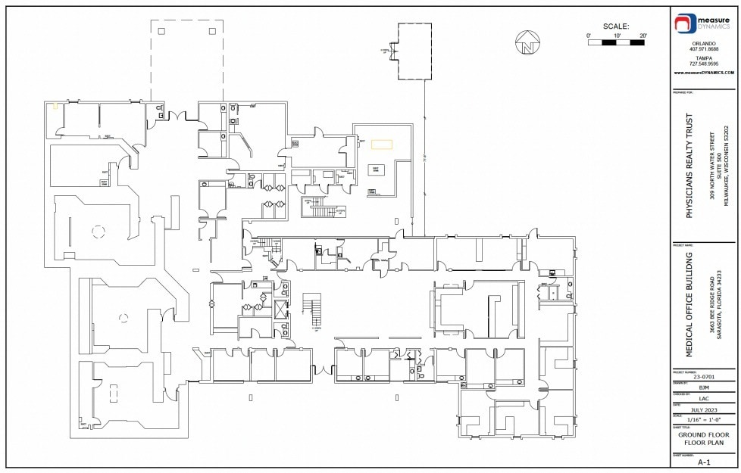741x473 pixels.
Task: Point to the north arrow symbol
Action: click(526, 43)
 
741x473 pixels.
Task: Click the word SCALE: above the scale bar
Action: click(615, 26)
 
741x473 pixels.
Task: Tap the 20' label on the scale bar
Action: click(643, 36)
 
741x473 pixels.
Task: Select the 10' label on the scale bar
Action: click(617, 36)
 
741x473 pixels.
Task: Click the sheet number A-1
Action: click(703, 462)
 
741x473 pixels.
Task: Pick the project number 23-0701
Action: click(703, 376)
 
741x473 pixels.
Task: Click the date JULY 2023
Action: click(703, 409)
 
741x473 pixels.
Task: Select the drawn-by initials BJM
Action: click(703, 387)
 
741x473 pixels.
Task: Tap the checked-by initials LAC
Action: click(703, 398)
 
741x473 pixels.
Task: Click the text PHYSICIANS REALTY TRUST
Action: click(689, 166)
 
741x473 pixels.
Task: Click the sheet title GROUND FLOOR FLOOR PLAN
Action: click(703, 438)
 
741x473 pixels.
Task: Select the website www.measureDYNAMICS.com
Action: click(703, 73)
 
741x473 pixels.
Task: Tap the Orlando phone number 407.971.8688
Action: click(703, 49)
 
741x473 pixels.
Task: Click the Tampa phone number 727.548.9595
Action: click(703, 64)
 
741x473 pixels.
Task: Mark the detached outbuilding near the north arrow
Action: click(415, 51)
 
